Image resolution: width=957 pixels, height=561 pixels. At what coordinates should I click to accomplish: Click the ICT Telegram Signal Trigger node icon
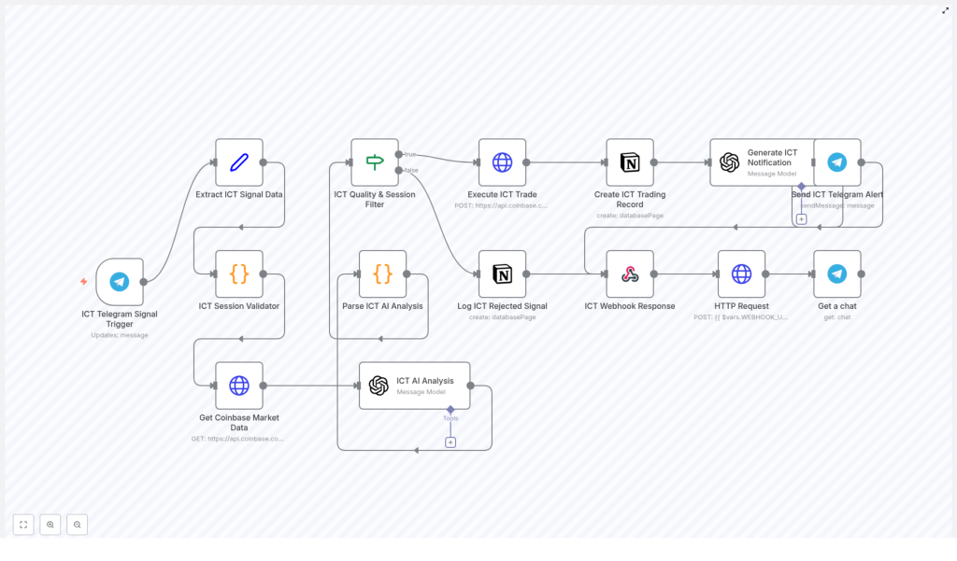[120, 282]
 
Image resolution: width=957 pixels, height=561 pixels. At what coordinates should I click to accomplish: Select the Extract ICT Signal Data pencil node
[239, 162]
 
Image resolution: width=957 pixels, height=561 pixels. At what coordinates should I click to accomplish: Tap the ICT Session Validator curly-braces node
[239, 273]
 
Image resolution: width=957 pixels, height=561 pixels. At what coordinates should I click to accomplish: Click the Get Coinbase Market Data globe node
[239, 386]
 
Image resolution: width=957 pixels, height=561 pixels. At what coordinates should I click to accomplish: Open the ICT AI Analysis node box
[414, 386]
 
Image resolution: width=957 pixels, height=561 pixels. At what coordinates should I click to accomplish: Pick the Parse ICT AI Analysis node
[382, 273]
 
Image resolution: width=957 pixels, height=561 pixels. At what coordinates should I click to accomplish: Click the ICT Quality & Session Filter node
[375, 162]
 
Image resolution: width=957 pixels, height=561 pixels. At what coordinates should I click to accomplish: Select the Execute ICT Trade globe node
[502, 162]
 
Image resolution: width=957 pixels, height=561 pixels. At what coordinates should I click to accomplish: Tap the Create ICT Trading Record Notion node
[630, 162]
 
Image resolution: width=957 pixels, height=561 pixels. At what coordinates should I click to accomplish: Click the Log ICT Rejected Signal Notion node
[502, 273]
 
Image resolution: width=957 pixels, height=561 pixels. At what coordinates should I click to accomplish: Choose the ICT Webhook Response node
[630, 273]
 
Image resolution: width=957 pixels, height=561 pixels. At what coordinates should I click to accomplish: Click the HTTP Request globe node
[741, 273]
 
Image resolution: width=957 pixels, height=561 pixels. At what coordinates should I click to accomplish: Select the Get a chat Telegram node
[837, 273]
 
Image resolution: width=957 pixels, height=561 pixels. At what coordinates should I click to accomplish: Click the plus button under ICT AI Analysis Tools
[450, 442]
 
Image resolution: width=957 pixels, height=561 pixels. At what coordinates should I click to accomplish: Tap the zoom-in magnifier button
[50, 525]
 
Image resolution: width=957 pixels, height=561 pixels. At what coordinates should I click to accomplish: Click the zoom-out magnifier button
[77, 525]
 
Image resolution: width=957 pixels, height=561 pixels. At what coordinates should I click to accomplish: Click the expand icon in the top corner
[945, 10]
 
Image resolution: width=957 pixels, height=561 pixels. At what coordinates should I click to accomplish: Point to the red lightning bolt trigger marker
[84, 281]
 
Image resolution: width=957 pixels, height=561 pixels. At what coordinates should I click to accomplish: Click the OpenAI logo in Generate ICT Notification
[730, 162]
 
